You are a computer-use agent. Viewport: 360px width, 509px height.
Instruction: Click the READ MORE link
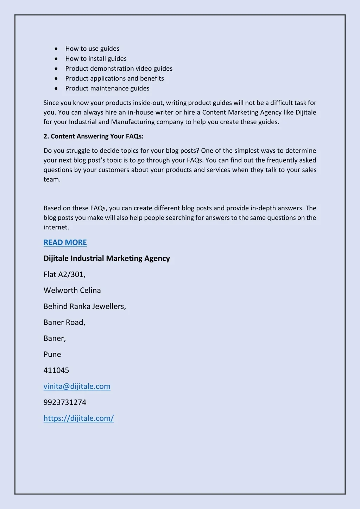65,242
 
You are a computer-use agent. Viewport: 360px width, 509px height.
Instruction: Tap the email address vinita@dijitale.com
77,386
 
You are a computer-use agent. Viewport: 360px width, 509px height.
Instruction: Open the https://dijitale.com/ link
78,418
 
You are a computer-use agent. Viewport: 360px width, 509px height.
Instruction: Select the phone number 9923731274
65,402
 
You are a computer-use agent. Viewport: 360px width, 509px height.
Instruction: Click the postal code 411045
56,370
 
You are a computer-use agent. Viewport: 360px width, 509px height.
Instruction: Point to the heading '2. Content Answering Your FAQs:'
93,136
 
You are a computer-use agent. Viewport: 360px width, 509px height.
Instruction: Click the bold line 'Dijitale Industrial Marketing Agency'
107,258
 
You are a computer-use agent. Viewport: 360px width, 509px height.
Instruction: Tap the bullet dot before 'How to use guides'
56,49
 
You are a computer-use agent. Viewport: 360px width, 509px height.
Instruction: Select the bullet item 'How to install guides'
96,58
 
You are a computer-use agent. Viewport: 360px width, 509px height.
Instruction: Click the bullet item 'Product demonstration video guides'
119,68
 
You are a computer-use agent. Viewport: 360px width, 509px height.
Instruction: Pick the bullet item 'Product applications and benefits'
114,78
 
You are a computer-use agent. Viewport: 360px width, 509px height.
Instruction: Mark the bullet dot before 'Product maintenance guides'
56,88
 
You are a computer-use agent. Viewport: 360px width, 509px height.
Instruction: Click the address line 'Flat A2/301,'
64,274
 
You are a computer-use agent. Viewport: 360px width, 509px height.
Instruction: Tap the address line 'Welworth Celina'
72,290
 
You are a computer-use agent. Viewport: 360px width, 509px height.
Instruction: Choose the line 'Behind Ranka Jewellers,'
84,306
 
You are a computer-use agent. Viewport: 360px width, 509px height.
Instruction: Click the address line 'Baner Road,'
64,322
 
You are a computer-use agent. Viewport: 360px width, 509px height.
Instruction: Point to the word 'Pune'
52,354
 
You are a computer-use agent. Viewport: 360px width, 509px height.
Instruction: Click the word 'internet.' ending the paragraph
56,227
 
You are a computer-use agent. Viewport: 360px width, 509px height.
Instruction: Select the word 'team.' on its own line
52,179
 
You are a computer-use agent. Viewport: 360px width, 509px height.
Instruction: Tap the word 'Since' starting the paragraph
51,103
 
